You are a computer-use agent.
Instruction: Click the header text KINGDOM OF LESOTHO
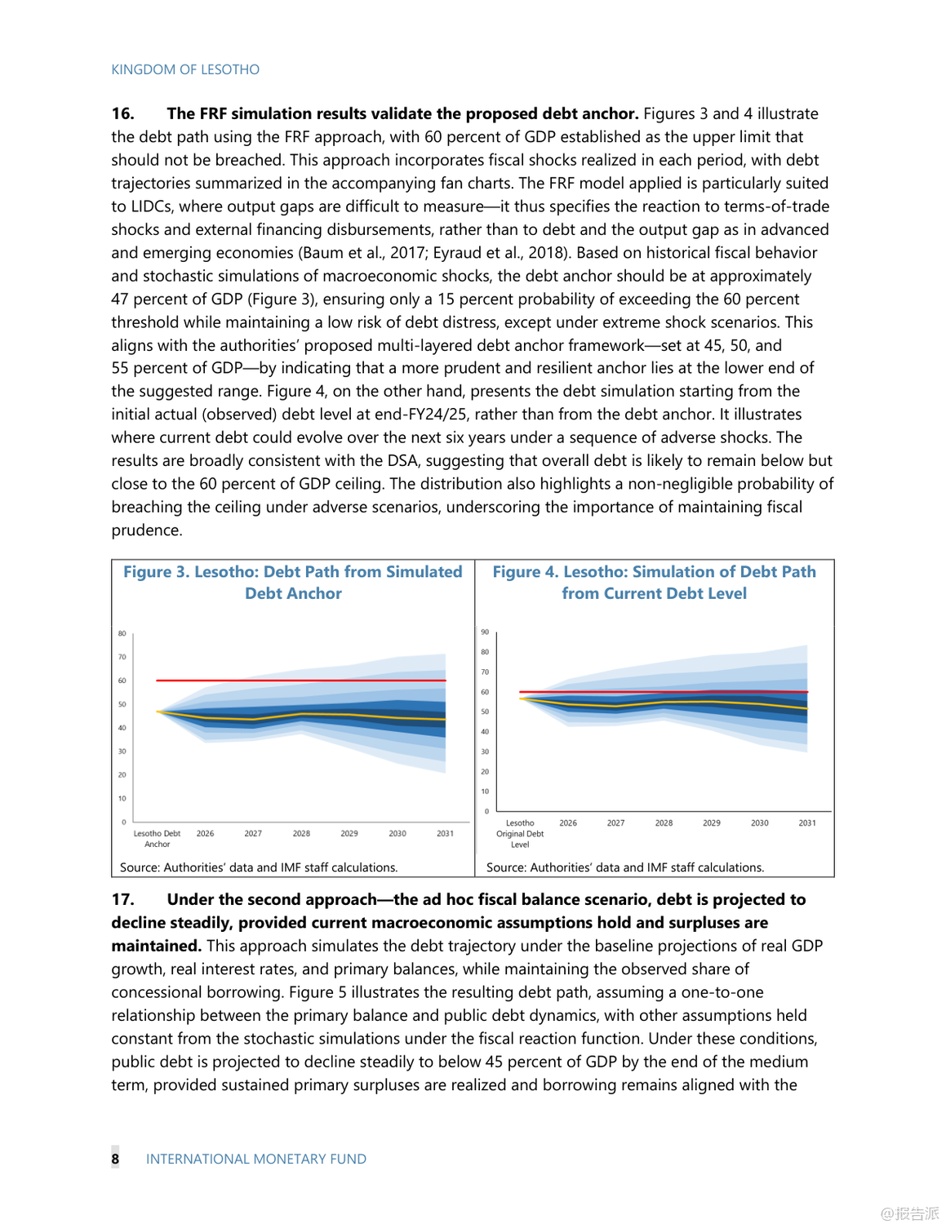click(x=185, y=69)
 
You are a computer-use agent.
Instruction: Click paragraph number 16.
click(x=122, y=113)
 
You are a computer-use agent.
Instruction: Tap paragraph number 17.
click(x=122, y=899)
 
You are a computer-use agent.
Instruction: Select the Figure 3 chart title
click(x=293, y=583)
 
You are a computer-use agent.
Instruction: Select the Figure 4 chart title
click(x=654, y=583)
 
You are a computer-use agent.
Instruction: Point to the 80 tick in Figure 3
click(x=122, y=633)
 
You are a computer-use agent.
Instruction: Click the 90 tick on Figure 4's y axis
click(x=485, y=632)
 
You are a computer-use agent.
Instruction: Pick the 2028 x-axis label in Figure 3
click(x=301, y=833)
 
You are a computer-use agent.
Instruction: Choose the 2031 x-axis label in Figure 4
click(x=807, y=823)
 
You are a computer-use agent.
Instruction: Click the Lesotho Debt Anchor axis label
click(x=157, y=839)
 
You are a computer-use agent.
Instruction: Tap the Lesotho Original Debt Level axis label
click(x=520, y=833)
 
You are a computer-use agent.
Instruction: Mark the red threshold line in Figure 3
click(x=302, y=680)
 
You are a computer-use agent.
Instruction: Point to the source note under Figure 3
click(x=259, y=867)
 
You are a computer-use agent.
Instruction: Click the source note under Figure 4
click(x=625, y=867)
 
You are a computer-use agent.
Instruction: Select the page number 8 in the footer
click(x=115, y=1159)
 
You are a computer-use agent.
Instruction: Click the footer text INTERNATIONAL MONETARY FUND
click(x=256, y=1159)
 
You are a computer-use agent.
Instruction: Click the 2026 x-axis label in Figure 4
click(x=568, y=823)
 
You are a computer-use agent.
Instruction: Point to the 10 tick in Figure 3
click(x=122, y=798)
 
